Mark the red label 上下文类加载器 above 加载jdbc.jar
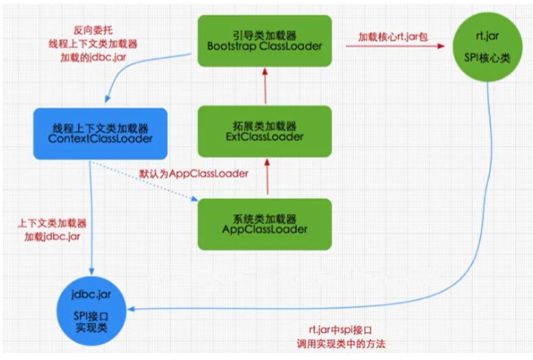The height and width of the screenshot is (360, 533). (x=46, y=223)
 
